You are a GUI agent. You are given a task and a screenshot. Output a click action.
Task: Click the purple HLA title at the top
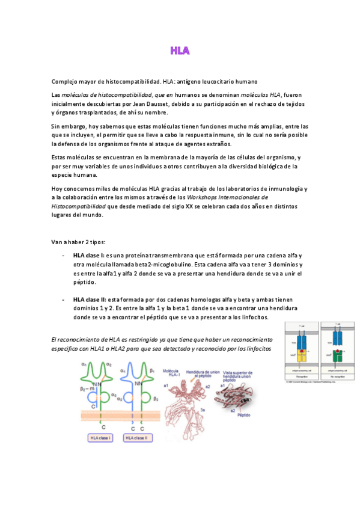point(180,51)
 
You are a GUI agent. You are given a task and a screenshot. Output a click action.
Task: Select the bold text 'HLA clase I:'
point(88,256)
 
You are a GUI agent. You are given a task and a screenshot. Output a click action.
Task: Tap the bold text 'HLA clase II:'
point(90,300)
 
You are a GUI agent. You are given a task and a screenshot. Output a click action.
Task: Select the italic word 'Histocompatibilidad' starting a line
point(79,206)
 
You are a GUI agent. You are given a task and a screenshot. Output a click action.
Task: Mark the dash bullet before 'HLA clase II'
point(63,300)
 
